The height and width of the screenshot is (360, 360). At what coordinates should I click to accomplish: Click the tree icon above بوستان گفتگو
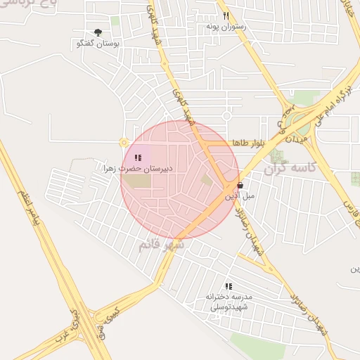tap(98, 32)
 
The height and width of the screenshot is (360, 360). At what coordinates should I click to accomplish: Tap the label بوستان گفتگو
tap(98, 44)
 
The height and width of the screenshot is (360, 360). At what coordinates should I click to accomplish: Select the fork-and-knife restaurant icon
tap(226, 15)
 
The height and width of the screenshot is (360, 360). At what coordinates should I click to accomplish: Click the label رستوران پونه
tap(225, 26)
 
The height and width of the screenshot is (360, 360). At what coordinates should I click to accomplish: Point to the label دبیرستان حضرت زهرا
tap(138, 169)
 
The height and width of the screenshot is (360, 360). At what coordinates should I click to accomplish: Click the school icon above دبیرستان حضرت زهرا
tap(138, 158)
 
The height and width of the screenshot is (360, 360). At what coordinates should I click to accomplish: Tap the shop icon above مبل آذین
tap(240, 186)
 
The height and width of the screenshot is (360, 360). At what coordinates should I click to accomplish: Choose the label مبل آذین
tap(240, 196)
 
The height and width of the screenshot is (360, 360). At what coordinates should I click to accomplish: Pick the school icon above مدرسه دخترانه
tap(228, 286)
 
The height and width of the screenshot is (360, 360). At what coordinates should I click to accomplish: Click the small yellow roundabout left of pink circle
tap(124, 143)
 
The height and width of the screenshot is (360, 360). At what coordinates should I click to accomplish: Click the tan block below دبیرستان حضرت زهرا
tap(138, 181)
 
